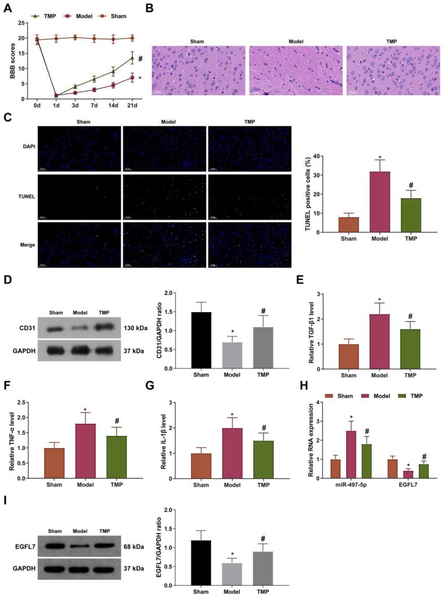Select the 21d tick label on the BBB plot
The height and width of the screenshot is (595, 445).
[133, 105]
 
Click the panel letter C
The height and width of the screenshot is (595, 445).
[7, 118]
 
